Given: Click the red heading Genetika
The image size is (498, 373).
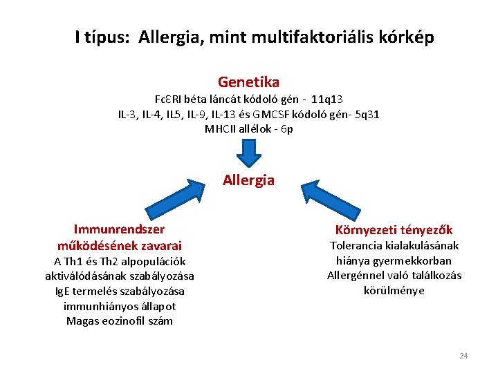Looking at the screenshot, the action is click(x=248, y=82).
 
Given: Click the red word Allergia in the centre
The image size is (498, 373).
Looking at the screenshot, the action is click(x=248, y=180).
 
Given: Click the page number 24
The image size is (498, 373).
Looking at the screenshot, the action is click(x=463, y=356).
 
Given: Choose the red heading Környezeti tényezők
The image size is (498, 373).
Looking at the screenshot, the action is click(x=394, y=230).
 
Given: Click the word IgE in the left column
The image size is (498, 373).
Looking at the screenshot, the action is click(x=64, y=291).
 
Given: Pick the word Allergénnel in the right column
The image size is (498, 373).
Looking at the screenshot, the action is click(x=355, y=276).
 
